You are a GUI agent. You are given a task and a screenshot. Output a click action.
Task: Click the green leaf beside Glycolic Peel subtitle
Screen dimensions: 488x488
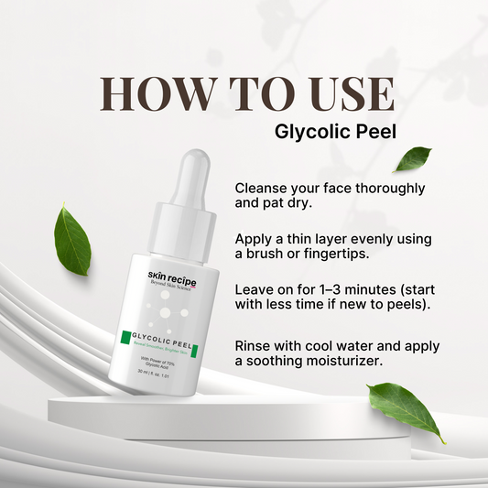click(x=412, y=159)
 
